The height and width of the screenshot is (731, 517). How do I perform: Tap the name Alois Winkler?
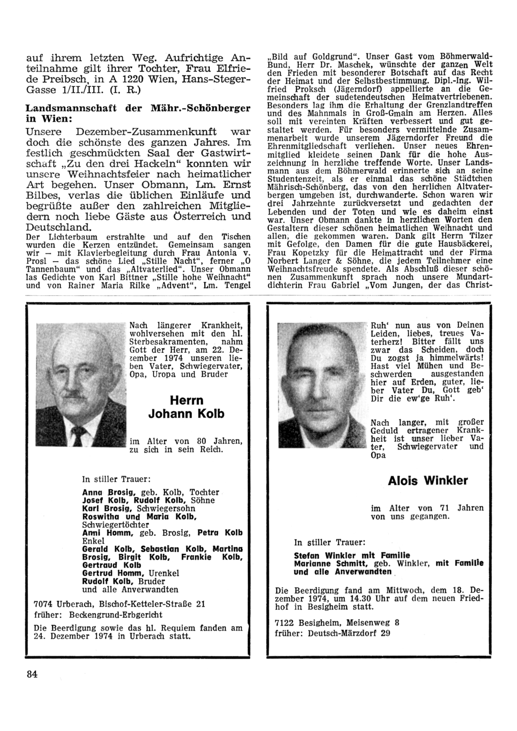pos(428,481)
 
